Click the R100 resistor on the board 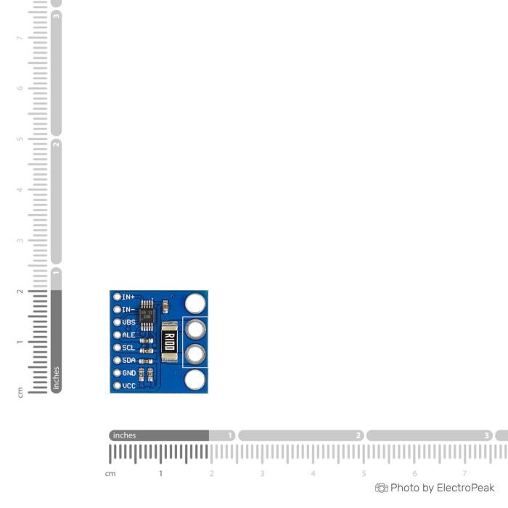[168, 342]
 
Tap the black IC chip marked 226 [147, 315]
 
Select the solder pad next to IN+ [117, 297]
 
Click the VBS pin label [128, 322]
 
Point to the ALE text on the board [128, 335]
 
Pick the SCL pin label [128, 348]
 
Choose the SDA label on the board [128, 361]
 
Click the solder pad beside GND [117, 373]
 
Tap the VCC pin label [128, 386]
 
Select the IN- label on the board [128, 310]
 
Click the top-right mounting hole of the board [194, 303]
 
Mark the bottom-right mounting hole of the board [194, 380]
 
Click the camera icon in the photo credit [381, 488]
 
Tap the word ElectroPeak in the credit [465, 488]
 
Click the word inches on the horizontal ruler [124, 435]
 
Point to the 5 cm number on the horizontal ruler [364, 473]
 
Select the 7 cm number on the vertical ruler [20, 38]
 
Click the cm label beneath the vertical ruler [20, 393]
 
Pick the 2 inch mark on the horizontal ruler [359, 435]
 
